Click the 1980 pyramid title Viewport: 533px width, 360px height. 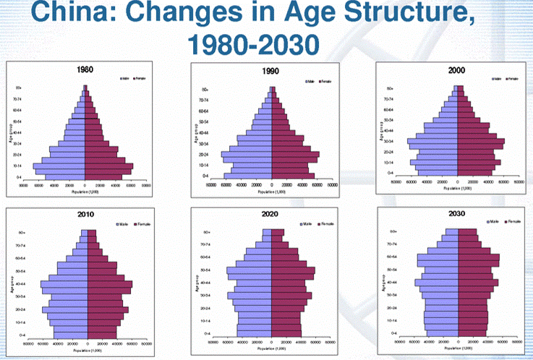tap(85, 70)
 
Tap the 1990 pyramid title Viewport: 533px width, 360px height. tap(272, 73)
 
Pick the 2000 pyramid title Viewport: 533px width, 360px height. tap(457, 71)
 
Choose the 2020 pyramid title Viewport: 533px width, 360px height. tap(272, 214)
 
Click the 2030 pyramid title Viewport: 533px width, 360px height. tap(457, 214)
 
